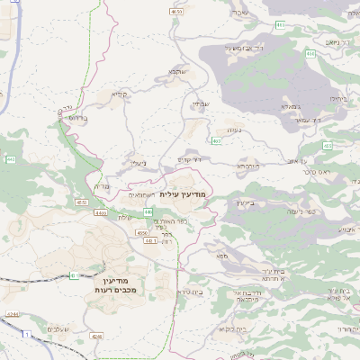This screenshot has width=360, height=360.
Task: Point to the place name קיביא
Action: pos(121,94)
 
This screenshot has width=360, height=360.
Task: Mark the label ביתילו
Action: pos(337,97)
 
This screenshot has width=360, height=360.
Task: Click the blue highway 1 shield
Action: pos(27,334)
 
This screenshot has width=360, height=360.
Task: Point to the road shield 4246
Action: pos(96,336)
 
